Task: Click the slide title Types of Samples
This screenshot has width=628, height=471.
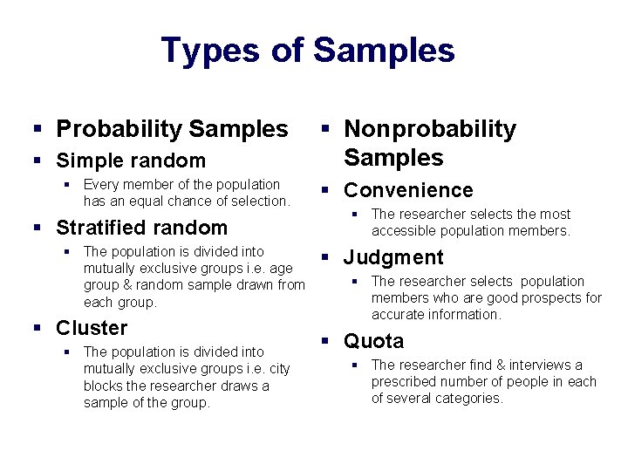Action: [x=308, y=51]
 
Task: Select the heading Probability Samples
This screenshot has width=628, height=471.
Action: [x=171, y=129]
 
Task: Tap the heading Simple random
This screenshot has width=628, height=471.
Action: [x=131, y=160]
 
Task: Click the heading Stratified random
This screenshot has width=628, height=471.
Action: [x=141, y=228]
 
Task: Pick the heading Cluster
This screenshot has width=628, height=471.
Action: [x=92, y=328]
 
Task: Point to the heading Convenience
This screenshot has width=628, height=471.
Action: [x=408, y=190]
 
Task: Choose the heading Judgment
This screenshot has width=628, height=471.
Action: [x=393, y=257]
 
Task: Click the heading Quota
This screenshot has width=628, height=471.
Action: [x=374, y=341]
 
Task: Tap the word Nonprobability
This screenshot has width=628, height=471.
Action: [x=430, y=129]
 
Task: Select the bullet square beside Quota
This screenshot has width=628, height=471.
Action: [x=324, y=342]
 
